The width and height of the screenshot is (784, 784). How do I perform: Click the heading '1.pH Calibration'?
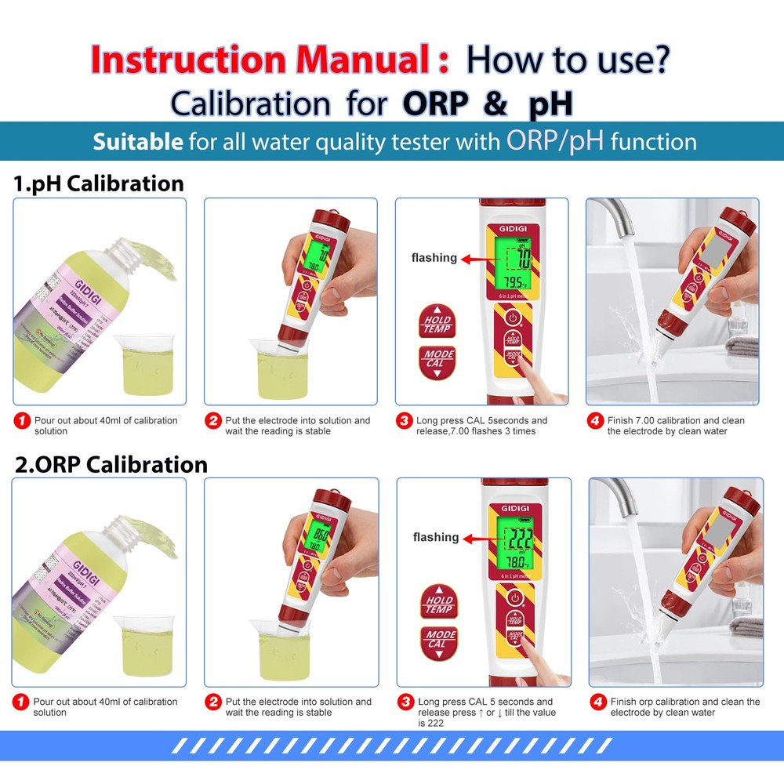(x=99, y=183)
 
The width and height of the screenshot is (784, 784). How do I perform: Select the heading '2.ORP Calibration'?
(x=111, y=464)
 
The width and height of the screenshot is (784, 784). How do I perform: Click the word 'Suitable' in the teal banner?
(x=138, y=142)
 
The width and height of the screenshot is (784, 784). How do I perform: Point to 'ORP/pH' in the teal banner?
(x=555, y=140)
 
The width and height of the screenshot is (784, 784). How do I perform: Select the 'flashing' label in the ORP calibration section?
(x=436, y=537)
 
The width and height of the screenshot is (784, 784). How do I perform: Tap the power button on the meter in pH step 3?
(x=512, y=318)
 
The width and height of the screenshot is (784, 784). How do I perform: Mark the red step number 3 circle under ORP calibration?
(x=405, y=702)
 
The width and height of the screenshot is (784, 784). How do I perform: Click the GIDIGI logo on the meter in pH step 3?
(x=512, y=227)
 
